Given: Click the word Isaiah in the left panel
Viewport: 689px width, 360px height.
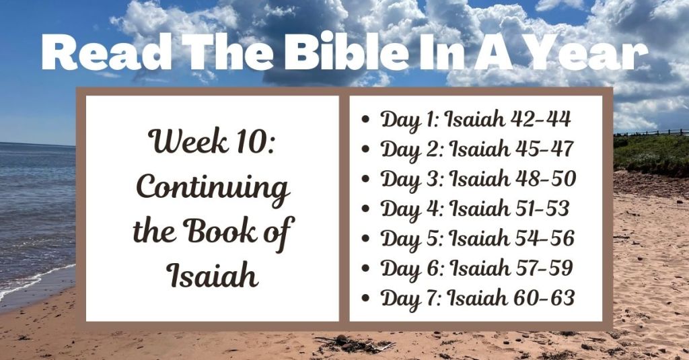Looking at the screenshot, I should tap(212, 275).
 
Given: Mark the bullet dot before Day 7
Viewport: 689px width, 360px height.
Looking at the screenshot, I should tap(365, 298).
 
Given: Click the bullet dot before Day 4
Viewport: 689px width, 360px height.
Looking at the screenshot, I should tap(365, 209).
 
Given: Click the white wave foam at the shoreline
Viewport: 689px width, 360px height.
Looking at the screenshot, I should tap(34, 279).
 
